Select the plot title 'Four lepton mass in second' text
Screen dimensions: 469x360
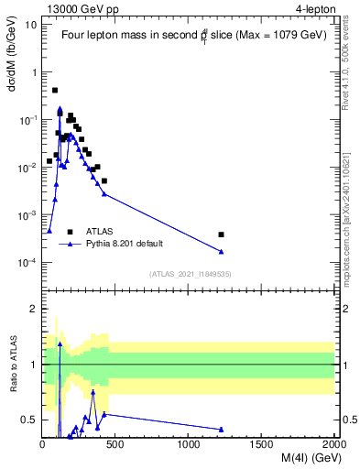pos(128,35)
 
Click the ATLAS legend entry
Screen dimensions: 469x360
pos(101,232)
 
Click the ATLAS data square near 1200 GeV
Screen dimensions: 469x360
pos(221,234)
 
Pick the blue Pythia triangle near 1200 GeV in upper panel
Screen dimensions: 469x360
pos(221,252)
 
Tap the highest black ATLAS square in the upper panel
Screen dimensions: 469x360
pos(55,90)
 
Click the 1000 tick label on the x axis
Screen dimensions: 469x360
pos(189,443)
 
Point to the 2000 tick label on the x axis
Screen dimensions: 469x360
pos(334,443)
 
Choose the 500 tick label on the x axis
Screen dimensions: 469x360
pos(115,443)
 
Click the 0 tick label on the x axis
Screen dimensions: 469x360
pos(43,443)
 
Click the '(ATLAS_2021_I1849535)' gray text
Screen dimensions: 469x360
pos(189,274)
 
